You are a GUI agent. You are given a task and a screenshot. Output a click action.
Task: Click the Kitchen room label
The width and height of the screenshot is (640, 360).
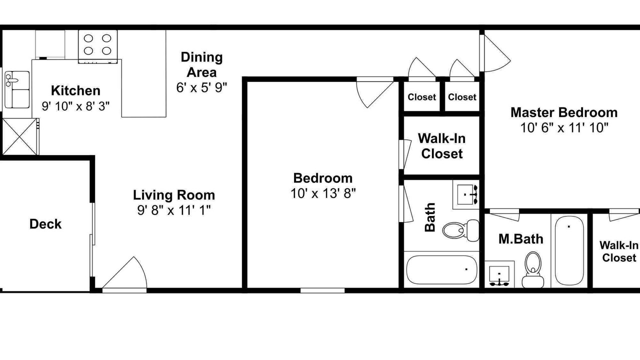[x=75, y=91]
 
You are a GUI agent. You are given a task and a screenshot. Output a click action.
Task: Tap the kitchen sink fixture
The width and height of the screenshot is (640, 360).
[x=17, y=89]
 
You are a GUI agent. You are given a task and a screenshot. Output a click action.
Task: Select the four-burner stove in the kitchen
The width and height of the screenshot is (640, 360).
[x=97, y=46]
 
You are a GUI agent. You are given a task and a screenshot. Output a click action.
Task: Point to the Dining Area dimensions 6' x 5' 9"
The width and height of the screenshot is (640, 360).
[x=201, y=87]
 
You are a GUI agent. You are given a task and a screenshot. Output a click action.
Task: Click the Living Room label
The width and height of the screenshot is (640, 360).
[x=174, y=195]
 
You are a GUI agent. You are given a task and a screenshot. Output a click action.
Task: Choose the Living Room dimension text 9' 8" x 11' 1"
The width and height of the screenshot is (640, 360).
[x=174, y=210]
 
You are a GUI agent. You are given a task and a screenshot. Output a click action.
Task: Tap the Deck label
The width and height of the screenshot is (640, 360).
[x=45, y=224]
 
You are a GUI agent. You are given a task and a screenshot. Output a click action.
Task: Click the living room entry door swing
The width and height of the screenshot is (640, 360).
[x=125, y=272]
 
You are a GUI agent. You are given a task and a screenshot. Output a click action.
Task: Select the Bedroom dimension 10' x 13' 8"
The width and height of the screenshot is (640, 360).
[x=323, y=193]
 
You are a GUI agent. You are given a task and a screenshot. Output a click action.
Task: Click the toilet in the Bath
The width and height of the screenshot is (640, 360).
[x=461, y=230]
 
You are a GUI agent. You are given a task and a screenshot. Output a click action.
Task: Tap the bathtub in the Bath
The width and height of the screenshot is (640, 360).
[x=441, y=270]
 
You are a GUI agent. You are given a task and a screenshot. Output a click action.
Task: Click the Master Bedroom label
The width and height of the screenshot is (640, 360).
[x=564, y=112]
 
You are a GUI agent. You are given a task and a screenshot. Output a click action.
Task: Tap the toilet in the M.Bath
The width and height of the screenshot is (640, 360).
[x=533, y=269]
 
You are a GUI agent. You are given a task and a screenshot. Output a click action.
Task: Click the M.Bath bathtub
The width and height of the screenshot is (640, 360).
[x=569, y=250]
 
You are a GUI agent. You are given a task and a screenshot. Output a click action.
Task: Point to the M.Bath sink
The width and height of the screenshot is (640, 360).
[x=499, y=274]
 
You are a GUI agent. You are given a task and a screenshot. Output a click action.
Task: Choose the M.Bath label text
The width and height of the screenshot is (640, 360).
[x=521, y=239]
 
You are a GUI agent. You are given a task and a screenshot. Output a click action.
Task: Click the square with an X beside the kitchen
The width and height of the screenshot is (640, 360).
[x=19, y=136]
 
